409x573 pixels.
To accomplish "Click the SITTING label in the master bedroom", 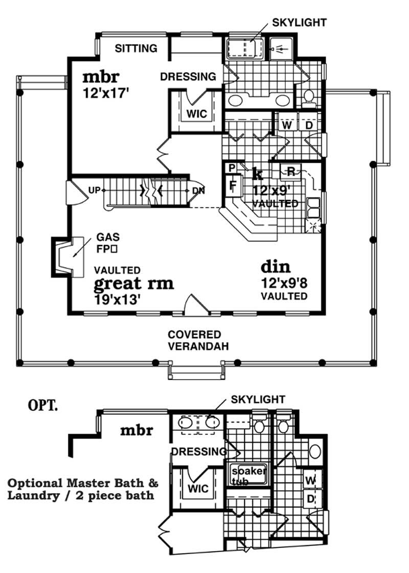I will point(135,49).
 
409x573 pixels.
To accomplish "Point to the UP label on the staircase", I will point(94,191).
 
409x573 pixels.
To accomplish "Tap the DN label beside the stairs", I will point(198,191).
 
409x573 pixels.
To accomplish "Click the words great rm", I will point(133,283).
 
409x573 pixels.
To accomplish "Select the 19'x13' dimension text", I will point(118,299).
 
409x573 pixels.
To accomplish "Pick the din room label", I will point(276,267).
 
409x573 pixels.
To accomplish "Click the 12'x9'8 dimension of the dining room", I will point(285,282).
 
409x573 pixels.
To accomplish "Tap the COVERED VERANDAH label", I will point(195,340).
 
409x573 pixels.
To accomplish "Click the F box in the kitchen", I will point(232,184).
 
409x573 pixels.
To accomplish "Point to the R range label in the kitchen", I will point(290,170).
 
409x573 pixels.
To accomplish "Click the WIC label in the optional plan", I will point(197,489).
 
